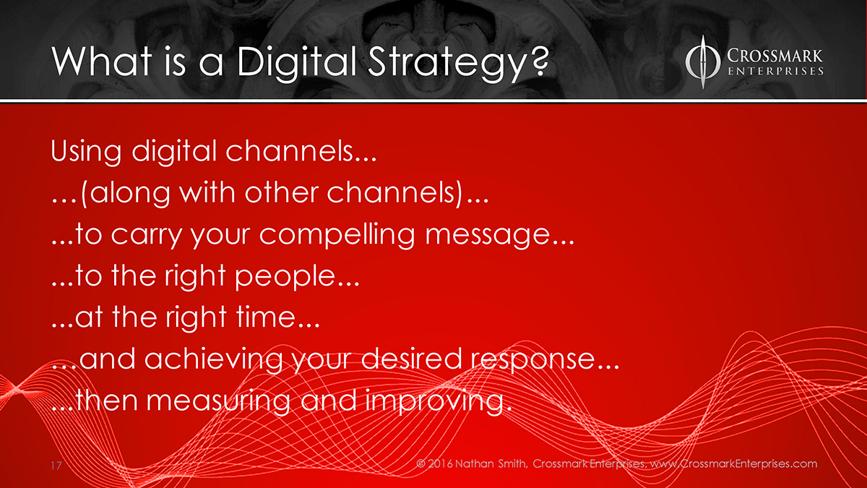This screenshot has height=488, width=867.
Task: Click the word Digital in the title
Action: (296, 62)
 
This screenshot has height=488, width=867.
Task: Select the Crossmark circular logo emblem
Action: (703, 62)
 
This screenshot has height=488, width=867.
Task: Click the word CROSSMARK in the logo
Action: (775, 56)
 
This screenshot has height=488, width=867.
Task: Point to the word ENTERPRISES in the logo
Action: (776, 72)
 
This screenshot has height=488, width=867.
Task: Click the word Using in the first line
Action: (86, 152)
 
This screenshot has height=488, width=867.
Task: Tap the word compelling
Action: (337, 235)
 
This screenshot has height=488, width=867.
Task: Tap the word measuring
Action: (218, 401)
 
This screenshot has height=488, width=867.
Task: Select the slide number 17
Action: (56, 466)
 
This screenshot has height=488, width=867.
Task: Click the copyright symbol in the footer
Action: (420, 463)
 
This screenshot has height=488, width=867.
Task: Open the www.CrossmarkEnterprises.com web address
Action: (734, 464)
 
